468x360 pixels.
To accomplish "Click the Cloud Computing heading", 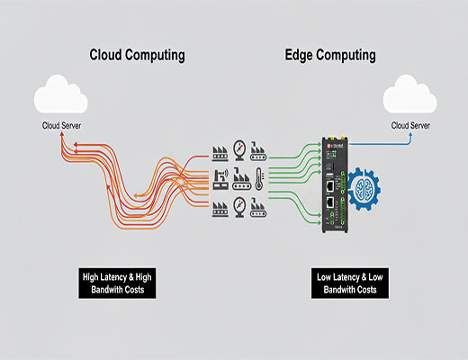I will click(137, 55).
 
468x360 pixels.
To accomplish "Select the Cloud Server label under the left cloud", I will click(60, 125).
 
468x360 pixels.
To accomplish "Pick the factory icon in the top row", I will click(219, 148).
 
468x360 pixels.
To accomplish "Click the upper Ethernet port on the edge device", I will click(331, 184).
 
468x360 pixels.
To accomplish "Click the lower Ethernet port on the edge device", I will click(331, 214).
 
